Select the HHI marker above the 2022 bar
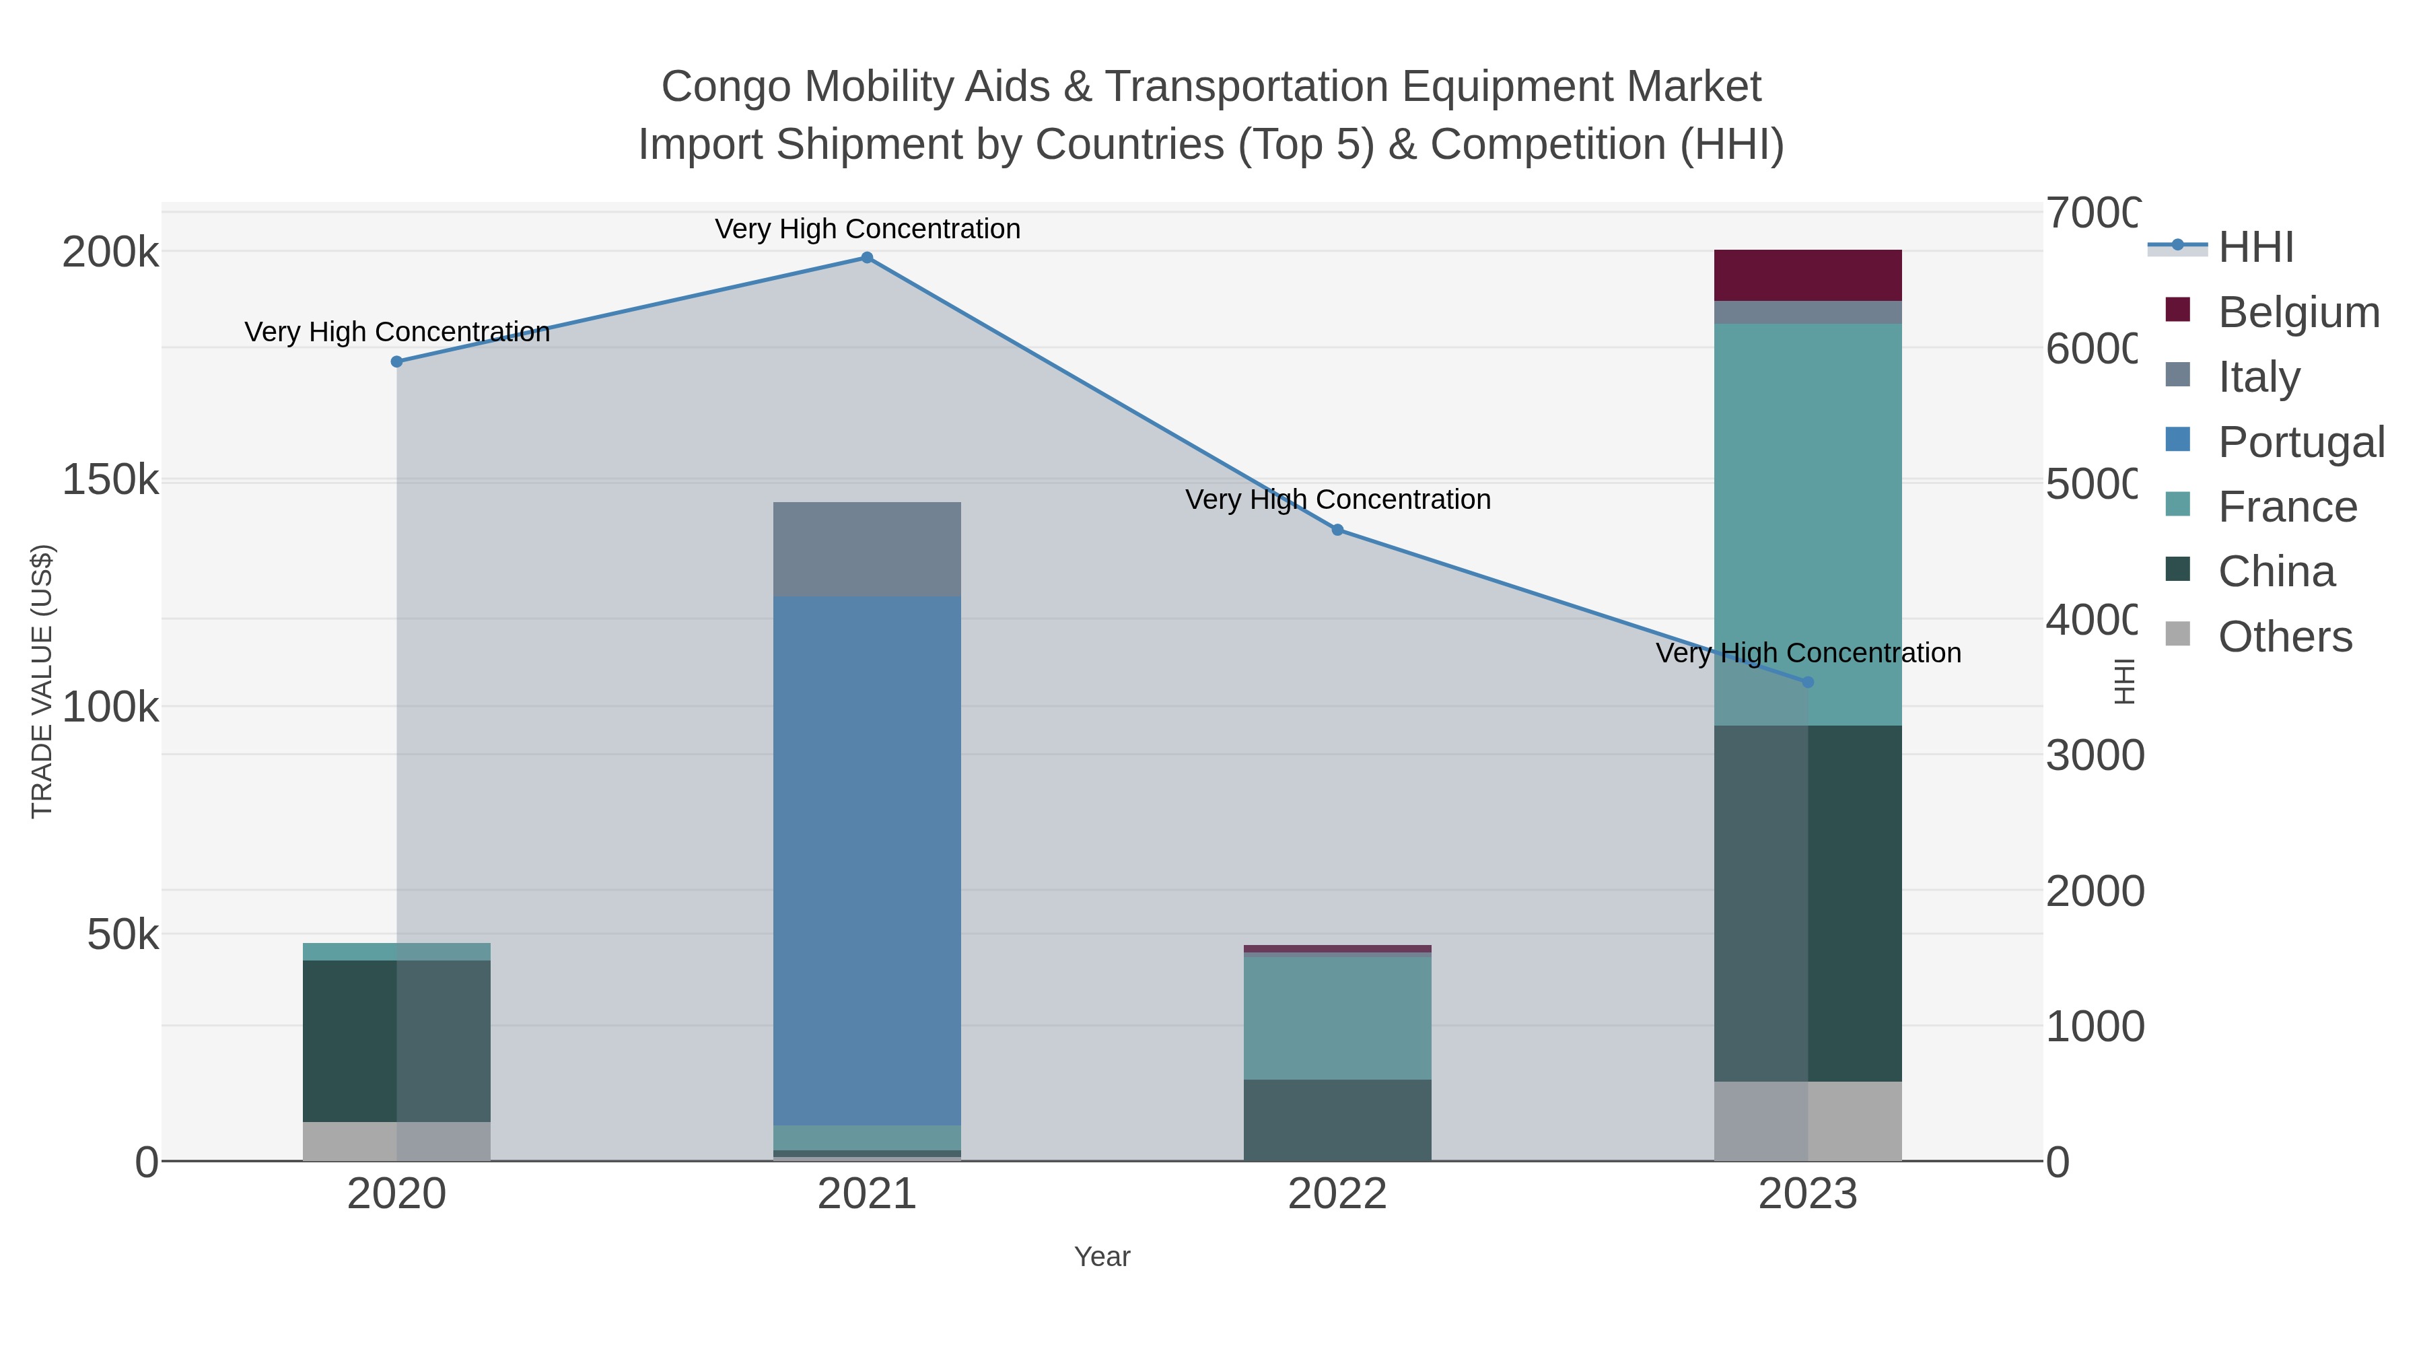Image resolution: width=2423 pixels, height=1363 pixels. [1337, 530]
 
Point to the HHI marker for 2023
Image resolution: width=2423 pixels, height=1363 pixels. [1807, 682]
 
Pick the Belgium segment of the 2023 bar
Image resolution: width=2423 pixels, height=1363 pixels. [1807, 275]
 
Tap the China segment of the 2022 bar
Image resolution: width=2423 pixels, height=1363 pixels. [1337, 1119]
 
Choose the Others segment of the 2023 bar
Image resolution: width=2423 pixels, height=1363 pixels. [1807, 1121]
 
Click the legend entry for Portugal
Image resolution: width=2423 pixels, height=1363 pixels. [2300, 442]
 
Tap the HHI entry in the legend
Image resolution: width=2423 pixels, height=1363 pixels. [2255, 248]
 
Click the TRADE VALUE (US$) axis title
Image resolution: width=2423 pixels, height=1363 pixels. [42, 681]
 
